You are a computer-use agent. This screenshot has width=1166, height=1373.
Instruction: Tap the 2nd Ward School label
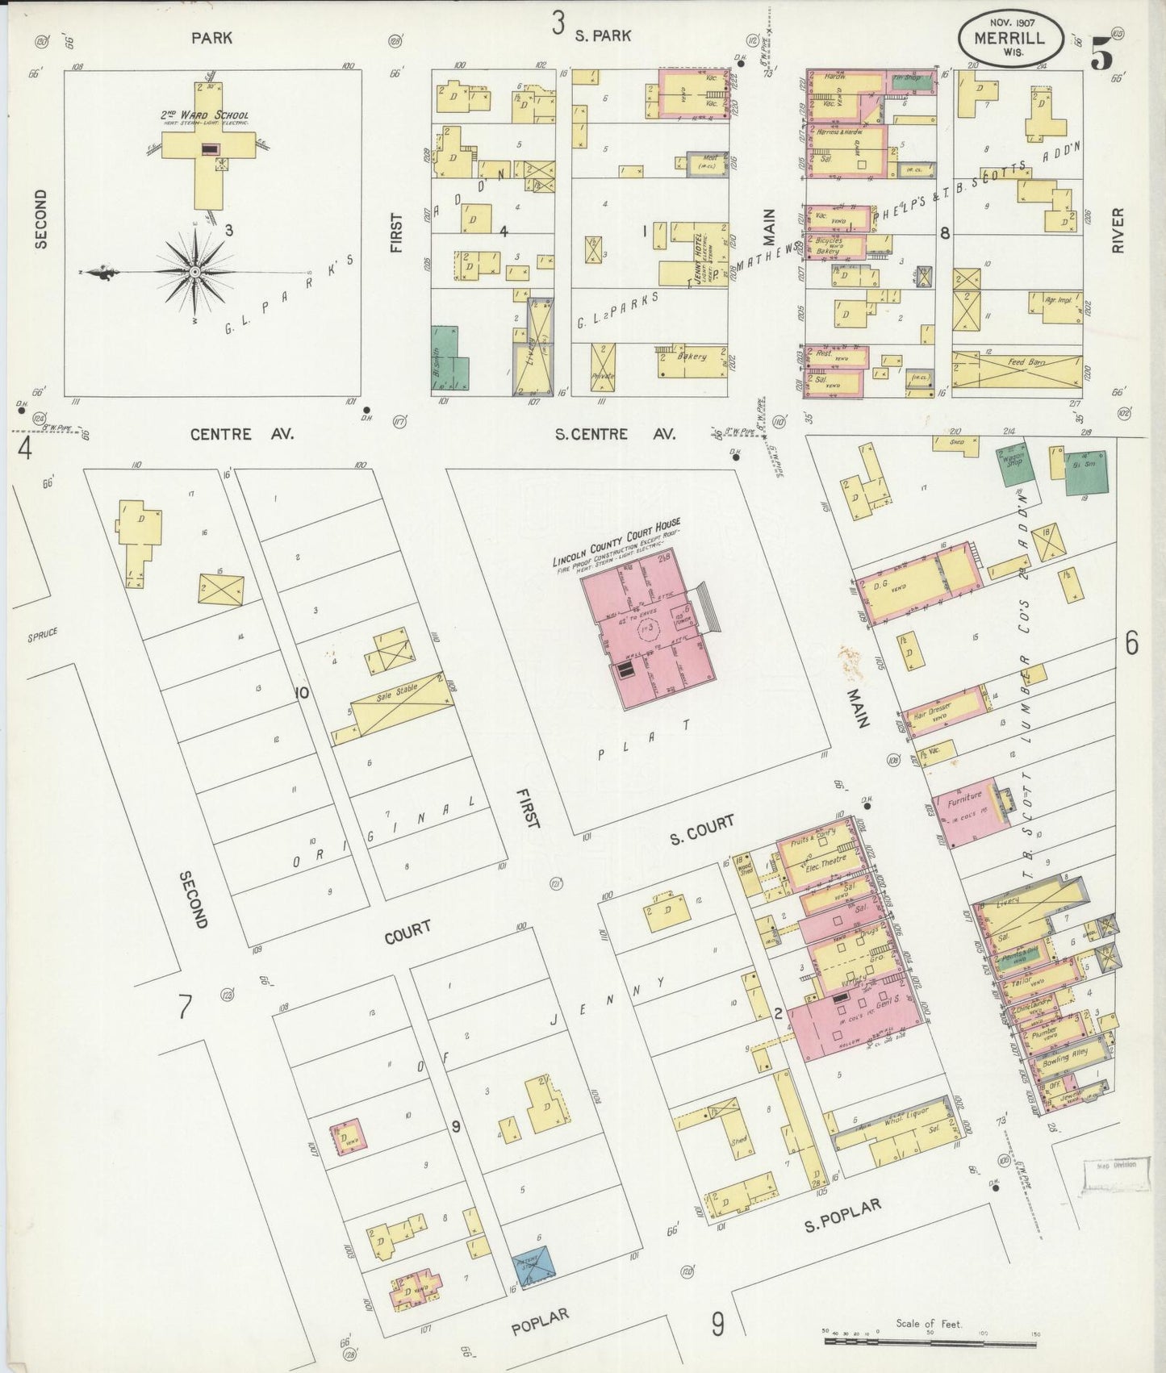pyautogui.click(x=204, y=115)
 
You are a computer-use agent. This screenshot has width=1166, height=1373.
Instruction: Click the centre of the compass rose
pyautogui.click(x=194, y=273)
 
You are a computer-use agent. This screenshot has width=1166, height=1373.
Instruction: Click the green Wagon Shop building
pyautogui.click(x=1009, y=466)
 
